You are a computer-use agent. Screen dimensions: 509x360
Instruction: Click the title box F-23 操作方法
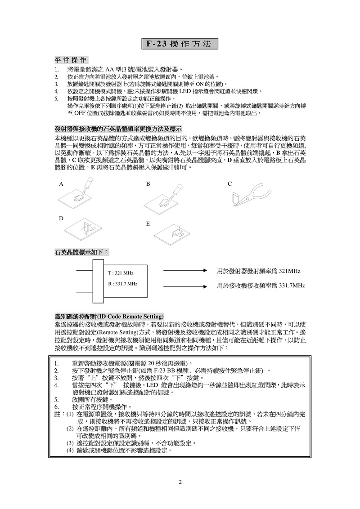pyautogui.click(x=180, y=44)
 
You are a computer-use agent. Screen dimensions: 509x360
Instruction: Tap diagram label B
pyautogui.click(x=148, y=184)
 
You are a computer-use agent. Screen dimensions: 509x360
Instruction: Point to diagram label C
pyautogui.click(x=229, y=184)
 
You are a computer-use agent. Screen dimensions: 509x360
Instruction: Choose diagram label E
pyautogui.click(x=148, y=223)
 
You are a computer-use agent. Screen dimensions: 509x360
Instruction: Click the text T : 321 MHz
pyautogui.click(x=121, y=273)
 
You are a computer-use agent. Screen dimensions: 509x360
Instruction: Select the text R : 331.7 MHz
pyautogui.click(x=123, y=284)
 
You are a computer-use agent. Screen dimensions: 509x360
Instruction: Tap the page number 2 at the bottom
pyautogui.click(x=180, y=483)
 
